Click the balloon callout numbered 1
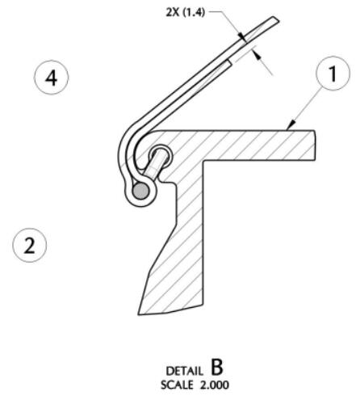tap(333, 74)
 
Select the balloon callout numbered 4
tap(51, 78)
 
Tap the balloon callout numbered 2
tap(30, 245)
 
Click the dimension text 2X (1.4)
tap(186, 12)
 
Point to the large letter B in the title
tap(217, 367)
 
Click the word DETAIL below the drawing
tap(184, 371)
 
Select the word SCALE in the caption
tap(177, 385)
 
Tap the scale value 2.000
tap(215, 385)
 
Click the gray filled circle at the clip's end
tap(140, 191)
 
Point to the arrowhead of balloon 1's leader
tap(291, 124)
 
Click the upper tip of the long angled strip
tap(276, 19)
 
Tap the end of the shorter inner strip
tap(230, 63)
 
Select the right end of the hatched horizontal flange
tap(315, 145)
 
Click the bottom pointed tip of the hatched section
tap(139, 314)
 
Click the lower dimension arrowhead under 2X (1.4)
tap(257, 56)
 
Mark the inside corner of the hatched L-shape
tap(203, 161)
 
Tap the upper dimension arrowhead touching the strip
tap(242, 37)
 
